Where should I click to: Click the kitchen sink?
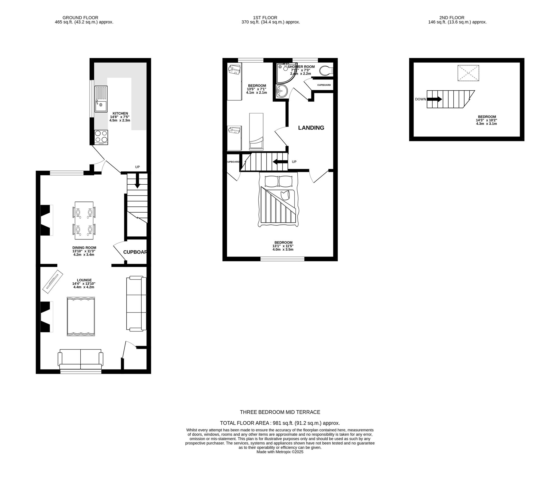101,99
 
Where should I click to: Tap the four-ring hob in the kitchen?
101,137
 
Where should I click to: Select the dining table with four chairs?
84,221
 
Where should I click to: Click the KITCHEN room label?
120,114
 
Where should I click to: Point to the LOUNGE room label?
84,280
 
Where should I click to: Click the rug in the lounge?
81,316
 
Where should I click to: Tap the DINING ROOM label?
84,248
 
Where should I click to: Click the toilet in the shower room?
326,71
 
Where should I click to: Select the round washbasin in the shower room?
282,91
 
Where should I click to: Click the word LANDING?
311,128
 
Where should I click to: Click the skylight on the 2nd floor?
468,73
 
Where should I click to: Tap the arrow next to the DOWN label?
435,99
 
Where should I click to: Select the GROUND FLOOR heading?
80,18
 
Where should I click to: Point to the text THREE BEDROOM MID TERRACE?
280,412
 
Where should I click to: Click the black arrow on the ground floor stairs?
137,181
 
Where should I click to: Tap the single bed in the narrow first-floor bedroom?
256,131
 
